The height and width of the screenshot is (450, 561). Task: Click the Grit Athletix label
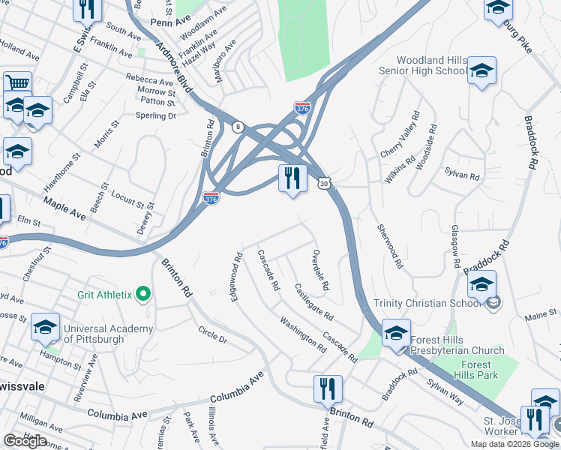(x=104, y=295)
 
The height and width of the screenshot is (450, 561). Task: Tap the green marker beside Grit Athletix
(x=143, y=295)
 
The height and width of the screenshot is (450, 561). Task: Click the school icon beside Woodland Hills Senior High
(x=482, y=71)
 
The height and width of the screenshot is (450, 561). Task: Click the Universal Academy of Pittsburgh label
(x=103, y=334)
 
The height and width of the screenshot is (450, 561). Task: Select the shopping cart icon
(x=16, y=83)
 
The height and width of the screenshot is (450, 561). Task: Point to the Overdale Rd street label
(x=320, y=270)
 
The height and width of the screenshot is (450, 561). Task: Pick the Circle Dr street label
(x=212, y=334)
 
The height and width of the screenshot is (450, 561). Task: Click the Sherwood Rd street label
(x=390, y=247)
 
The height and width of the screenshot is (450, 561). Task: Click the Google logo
(x=25, y=441)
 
